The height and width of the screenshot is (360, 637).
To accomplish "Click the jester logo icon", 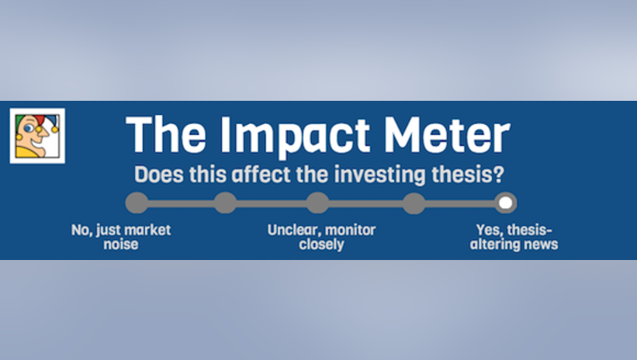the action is coord(38,136).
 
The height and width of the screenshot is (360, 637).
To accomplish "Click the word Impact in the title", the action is coord(294,136).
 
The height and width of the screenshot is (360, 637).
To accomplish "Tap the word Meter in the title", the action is coord(447,134).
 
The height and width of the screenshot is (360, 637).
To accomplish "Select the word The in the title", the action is coord(166,134).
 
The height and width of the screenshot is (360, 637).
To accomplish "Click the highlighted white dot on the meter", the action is coord(505,202).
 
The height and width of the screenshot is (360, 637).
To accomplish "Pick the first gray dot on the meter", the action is coord(137,202).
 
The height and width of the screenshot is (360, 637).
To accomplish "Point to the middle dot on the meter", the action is coord(318,202).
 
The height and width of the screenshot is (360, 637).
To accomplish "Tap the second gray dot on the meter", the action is coord(225,202).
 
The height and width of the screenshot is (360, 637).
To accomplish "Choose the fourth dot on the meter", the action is coord(414,202).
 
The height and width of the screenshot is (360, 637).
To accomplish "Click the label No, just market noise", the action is coord(121,237).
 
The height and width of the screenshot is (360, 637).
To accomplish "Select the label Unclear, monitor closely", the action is coord(321,237).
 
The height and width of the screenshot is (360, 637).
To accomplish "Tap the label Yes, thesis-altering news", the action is coord(514,237).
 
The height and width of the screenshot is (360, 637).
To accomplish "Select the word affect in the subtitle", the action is coord(261,174).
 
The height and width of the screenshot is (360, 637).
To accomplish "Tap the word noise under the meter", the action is coord(121,244).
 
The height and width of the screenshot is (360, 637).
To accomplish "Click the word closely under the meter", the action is coord(321,245).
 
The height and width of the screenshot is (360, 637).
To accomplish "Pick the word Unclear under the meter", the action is coord(293,230).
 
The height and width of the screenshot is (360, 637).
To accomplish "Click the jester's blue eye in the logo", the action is coord(28,128).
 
